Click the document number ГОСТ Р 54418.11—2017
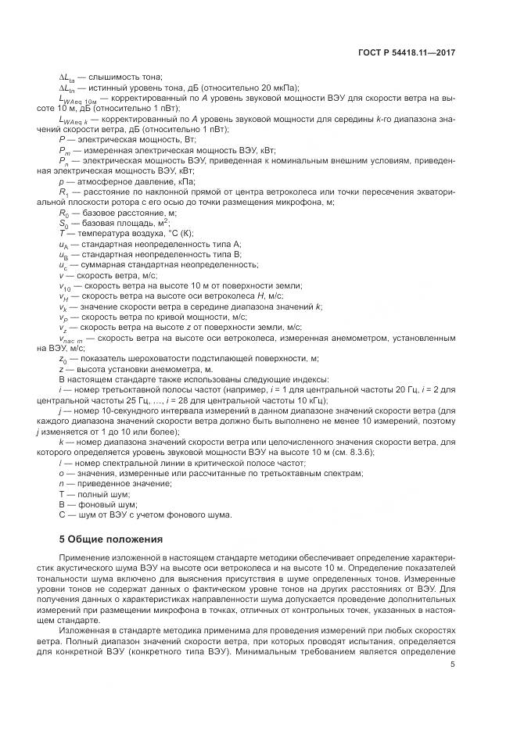407,52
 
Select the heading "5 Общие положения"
111,539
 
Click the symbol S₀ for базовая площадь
63,222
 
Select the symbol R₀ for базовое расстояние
64,212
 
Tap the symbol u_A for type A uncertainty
63,245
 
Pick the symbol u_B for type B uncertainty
63,255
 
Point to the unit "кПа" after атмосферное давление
174,180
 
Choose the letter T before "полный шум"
62,494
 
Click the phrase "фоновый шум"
98,505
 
